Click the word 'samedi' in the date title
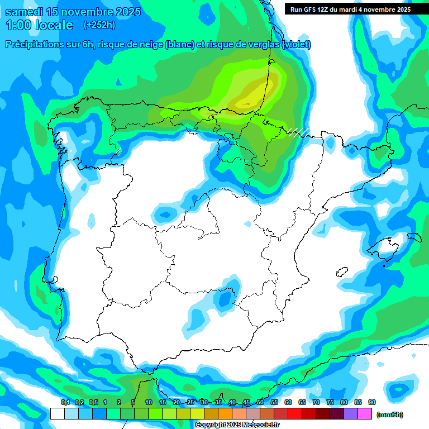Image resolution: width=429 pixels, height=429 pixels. coord(24,12)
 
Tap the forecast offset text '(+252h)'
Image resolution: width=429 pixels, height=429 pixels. coord(99,25)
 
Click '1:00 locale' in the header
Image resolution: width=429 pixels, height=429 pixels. coord(39,25)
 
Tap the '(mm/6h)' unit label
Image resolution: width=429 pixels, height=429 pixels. coord(390,414)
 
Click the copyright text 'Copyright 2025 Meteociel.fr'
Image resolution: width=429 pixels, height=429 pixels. coord(237,425)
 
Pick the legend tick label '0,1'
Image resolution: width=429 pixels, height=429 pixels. coord(65,403)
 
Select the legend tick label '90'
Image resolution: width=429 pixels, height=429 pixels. coord(372,403)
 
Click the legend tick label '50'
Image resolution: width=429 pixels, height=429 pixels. coord(260,403)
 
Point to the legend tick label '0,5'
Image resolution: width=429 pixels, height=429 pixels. coord(93,403)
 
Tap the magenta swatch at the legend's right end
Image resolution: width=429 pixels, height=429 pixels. coord(365,413)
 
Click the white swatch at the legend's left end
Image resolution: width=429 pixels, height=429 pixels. coord(57,413)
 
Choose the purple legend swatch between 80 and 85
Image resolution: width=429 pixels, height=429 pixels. coord(351,413)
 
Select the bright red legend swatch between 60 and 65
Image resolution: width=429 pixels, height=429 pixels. coord(295,413)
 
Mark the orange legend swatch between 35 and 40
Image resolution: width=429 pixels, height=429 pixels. coord(225,413)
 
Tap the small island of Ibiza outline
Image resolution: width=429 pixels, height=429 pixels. coord(341,272)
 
